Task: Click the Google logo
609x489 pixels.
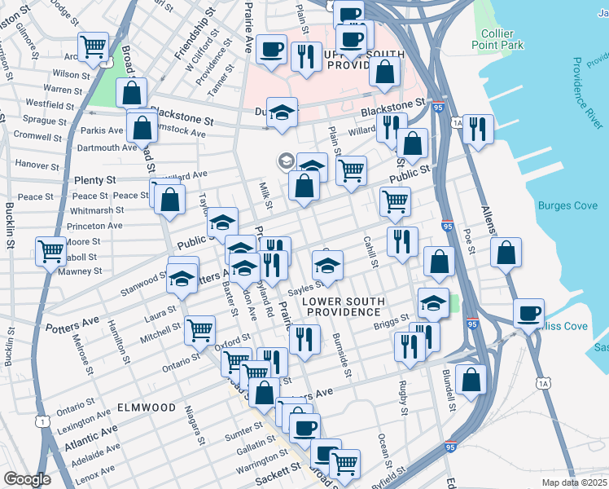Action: click(x=27, y=479)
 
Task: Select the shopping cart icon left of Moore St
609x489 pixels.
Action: click(x=50, y=251)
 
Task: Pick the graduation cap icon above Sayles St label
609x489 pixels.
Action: click(x=328, y=266)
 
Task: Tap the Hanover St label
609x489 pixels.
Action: click(x=35, y=164)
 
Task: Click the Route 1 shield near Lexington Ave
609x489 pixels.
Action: click(x=42, y=420)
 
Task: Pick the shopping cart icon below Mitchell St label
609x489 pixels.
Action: click(x=199, y=330)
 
